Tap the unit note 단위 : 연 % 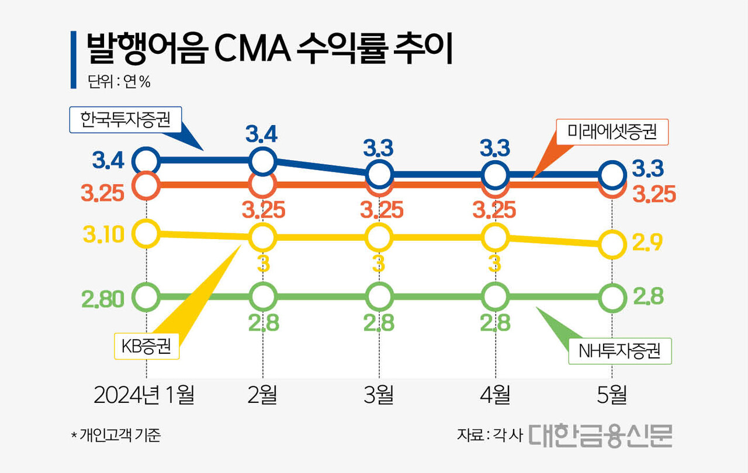pyautogui.click(x=119, y=82)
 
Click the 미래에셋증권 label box pyautogui.click(x=612, y=132)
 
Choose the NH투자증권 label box pyautogui.click(x=619, y=351)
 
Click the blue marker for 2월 pyautogui.click(x=262, y=160)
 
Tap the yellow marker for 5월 pyautogui.click(x=612, y=244)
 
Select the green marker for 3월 pyautogui.click(x=379, y=297)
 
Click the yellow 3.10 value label pyautogui.click(x=103, y=235)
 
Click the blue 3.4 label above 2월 pyautogui.click(x=261, y=135)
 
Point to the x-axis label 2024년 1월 pyautogui.click(x=144, y=395)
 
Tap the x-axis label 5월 pyautogui.click(x=612, y=395)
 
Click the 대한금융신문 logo pyautogui.click(x=601, y=435)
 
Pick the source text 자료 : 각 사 pyautogui.click(x=489, y=435)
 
